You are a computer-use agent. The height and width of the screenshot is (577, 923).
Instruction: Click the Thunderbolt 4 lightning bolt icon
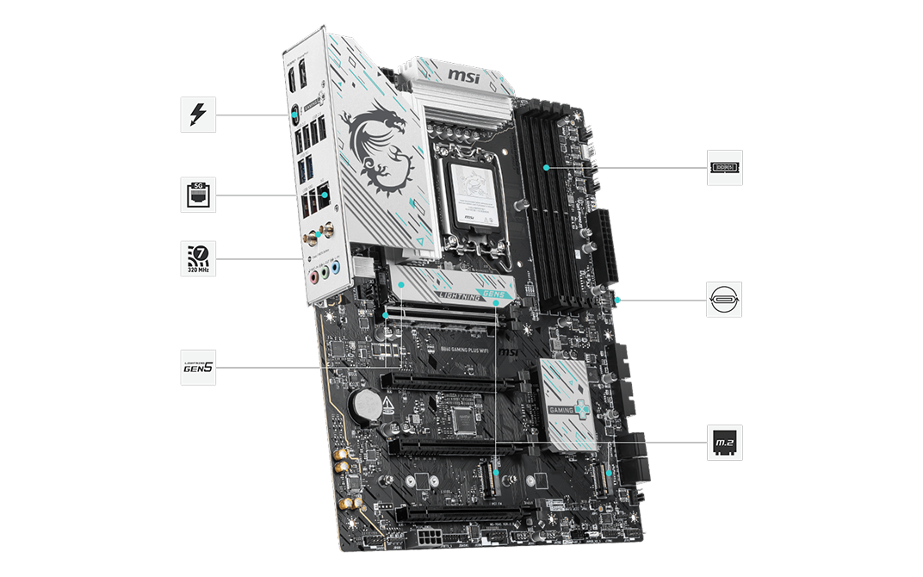tap(198, 114)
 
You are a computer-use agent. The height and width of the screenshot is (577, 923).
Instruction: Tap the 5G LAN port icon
tap(198, 195)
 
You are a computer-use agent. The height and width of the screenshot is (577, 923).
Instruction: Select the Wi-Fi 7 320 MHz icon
tap(198, 258)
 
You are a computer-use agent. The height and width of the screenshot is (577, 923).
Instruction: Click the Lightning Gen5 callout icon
tap(198, 368)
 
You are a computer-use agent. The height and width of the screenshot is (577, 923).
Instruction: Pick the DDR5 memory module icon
tap(724, 167)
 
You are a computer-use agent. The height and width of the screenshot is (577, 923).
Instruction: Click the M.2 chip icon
tap(724, 443)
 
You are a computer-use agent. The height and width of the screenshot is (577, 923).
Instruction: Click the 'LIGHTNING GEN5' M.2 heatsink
tap(453, 289)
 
